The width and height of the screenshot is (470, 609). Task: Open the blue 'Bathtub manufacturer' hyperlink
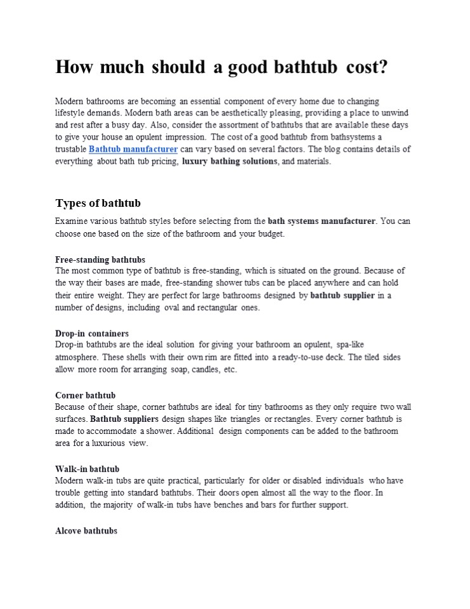pyautogui.click(x=133, y=149)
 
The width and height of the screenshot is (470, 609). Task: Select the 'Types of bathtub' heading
pyautogui.click(x=98, y=203)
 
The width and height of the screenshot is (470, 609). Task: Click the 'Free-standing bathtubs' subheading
pyautogui.click(x=100, y=259)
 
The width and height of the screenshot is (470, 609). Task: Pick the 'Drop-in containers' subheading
pyautogui.click(x=92, y=333)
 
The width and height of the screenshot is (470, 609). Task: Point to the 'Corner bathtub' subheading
pyautogui.click(x=85, y=395)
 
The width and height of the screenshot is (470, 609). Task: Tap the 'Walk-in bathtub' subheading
pyautogui.click(x=87, y=469)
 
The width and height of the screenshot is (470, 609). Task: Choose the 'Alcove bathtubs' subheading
pyautogui.click(x=86, y=530)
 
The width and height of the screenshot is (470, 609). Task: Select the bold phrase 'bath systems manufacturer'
pyautogui.click(x=322, y=221)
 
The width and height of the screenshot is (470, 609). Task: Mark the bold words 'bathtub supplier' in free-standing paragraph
pyautogui.click(x=343, y=296)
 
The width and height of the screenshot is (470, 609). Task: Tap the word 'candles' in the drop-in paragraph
pyautogui.click(x=204, y=369)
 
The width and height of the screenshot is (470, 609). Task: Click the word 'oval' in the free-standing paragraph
pyautogui.click(x=178, y=308)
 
